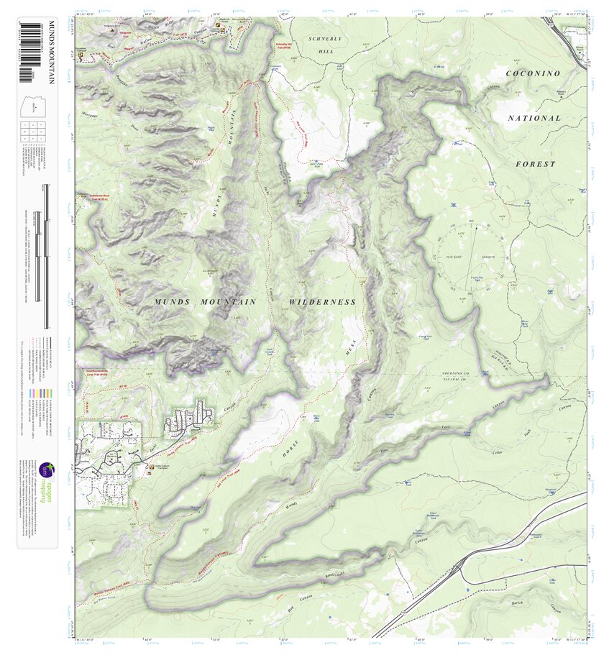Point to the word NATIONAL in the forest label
pyautogui.click(x=534, y=117)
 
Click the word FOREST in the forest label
pyautogui.click(x=536, y=164)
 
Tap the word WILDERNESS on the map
pyautogui.click(x=323, y=302)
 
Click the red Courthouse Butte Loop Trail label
pyautogui.click(x=93, y=372)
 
